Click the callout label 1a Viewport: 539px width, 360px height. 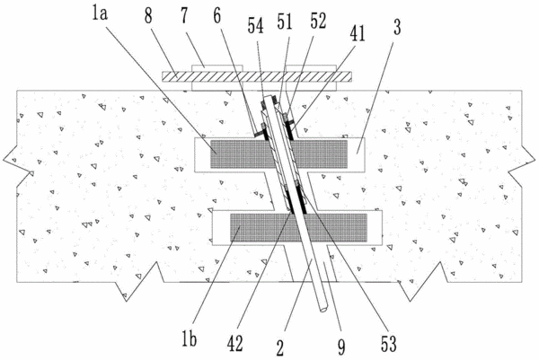point(100,15)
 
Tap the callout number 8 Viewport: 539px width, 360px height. point(148,16)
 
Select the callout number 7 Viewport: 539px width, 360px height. point(184,16)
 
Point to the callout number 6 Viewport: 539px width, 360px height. point(216,16)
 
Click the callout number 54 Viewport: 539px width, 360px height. point(256,26)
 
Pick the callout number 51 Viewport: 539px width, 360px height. point(285,22)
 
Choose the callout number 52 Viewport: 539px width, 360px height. point(318,21)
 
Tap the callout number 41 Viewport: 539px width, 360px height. point(358,33)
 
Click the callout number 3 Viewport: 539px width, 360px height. point(397,27)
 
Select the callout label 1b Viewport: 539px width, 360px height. point(189,339)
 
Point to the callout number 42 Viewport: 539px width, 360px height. point(235,344)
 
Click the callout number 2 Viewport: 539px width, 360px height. point(280,348)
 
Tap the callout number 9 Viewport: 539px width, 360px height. point(341,347)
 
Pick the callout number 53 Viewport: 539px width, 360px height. point(389,344)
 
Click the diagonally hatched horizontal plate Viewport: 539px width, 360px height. point(257,76)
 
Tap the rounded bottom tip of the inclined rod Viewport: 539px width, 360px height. point(323,310)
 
